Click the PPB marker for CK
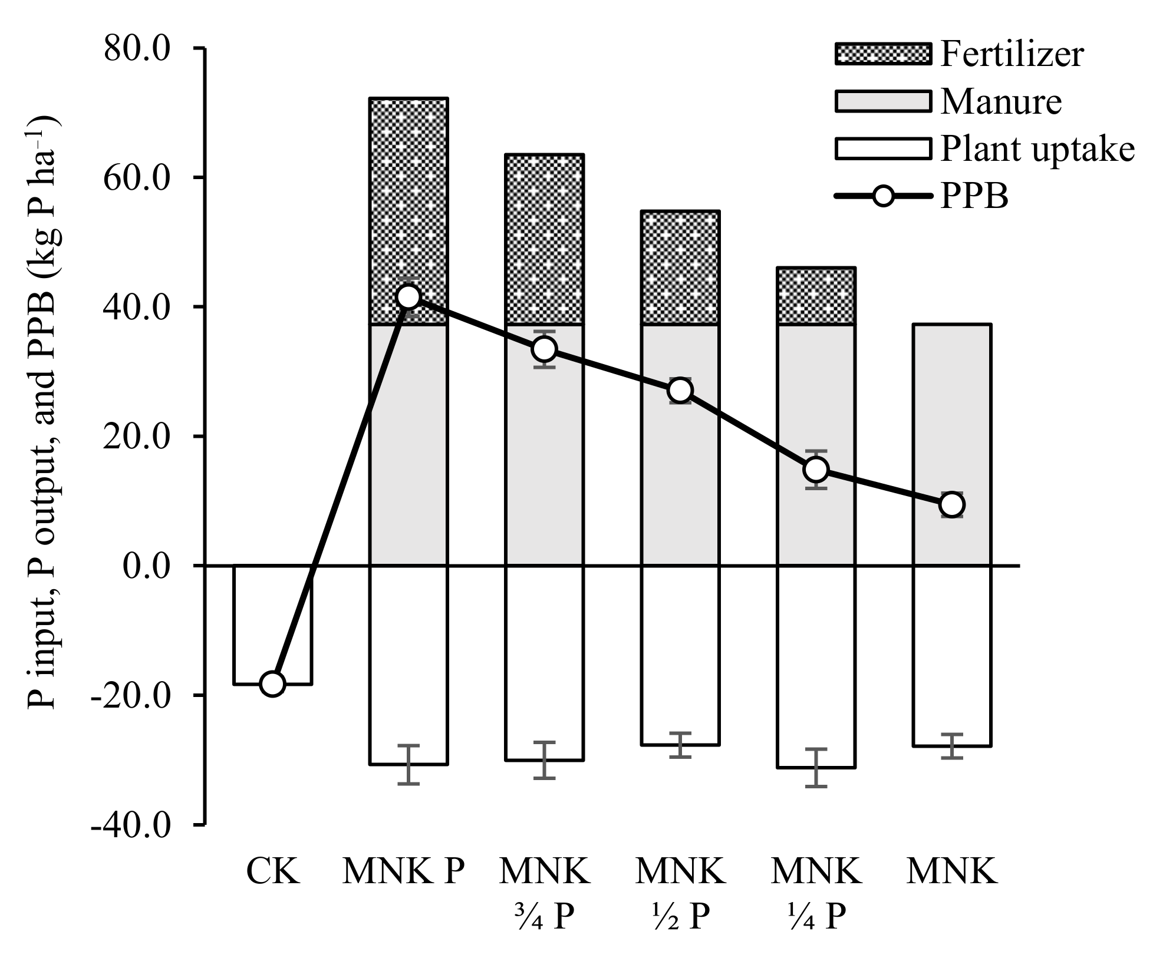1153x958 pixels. tap(273, 684)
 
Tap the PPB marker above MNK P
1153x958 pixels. tap(409, 297)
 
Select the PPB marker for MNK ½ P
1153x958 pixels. tap(680, 391)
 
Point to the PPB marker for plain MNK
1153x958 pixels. tap(952, 504)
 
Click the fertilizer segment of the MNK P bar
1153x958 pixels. tap(409, 194)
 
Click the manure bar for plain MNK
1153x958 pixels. tap(952, 412)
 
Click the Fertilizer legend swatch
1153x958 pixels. tap(882, 54)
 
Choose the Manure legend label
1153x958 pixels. tap(1001, 101)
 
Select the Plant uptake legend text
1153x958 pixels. tap(1037, 149)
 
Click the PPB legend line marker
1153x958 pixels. tap(882, 196)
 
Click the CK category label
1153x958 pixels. tap(273, 873)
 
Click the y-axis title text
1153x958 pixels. tap(44, 412)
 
